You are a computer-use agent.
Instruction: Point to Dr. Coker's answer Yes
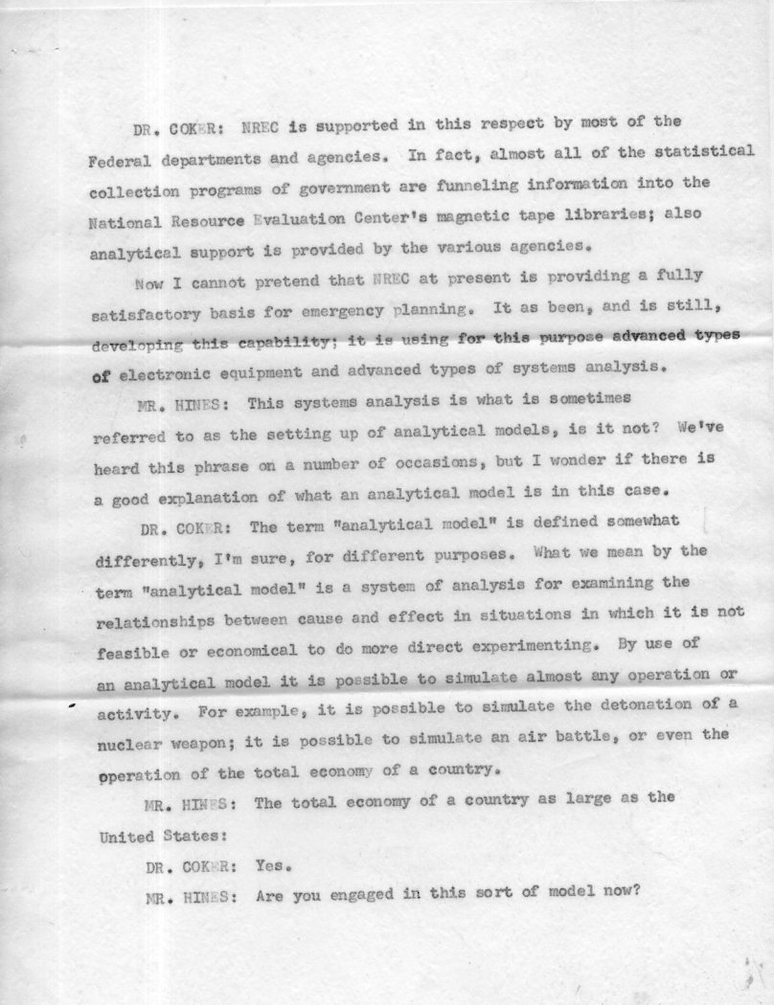(274, 866)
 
